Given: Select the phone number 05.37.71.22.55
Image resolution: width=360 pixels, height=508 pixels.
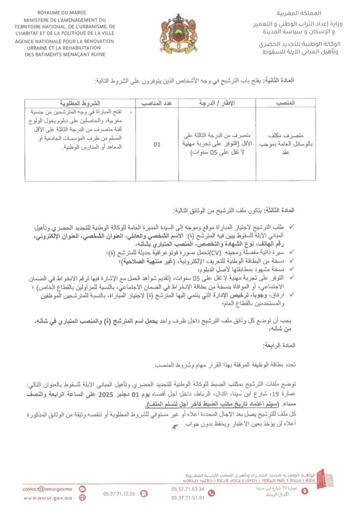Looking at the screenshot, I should pyautogui.click(x=119, y=494).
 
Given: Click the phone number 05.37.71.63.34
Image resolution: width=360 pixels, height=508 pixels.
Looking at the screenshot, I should pyautogui.click(x=184, y=488).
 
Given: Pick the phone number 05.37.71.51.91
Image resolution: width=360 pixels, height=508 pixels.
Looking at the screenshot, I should pyautogui.click(x=184, y=498).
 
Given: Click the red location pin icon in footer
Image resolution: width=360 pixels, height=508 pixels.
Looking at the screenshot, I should pyautogui.click(x=305, y=491).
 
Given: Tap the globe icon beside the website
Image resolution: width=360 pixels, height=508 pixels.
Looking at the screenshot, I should pyautogui.click(x=82, y=498).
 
